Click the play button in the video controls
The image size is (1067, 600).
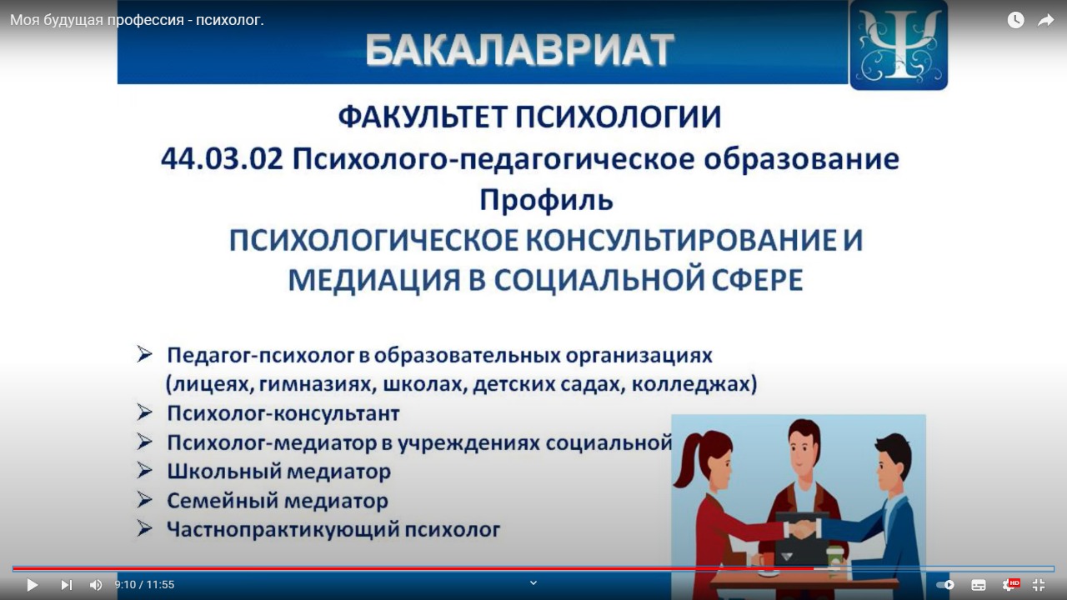(32, 585)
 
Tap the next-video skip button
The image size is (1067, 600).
(67, 585)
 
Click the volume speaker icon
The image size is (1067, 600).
(96, 585)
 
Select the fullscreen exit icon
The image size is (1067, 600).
(1039, 585)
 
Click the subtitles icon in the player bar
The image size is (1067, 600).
(979, 585)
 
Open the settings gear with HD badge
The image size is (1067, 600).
(1009, 585)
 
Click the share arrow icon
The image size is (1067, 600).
(1045, 21)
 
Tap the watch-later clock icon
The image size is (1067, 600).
(1015, 20)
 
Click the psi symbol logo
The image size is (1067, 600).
(899, 44)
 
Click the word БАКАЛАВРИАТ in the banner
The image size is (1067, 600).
(519, 50)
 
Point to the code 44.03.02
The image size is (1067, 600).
(222, 159)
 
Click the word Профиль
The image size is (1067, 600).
(546, 199)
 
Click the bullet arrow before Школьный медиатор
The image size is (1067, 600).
(144, 471)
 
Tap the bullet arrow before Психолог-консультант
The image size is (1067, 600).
(144, 412)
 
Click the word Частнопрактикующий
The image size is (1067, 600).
(283, 530)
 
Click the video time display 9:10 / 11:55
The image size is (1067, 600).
(144, 585)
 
